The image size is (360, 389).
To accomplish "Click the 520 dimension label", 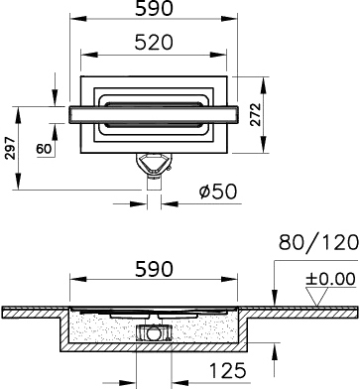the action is [x=154, y=43].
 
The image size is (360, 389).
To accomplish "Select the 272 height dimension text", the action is [x=255, y=114].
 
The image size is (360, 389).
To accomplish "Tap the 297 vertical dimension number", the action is [x=10, y=148].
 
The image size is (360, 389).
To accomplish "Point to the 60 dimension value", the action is [x=44, y=149].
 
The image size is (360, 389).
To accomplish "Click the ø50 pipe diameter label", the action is [x=218, y=192].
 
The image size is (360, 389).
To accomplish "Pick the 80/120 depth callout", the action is [x=318, y=242].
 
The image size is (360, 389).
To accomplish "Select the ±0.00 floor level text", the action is [x=330, y=279].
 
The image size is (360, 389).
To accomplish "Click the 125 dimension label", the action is [x=228, y=370].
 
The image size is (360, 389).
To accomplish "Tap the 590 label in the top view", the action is [x=154, y=9].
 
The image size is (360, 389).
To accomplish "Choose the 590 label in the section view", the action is [x=154, y=269].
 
